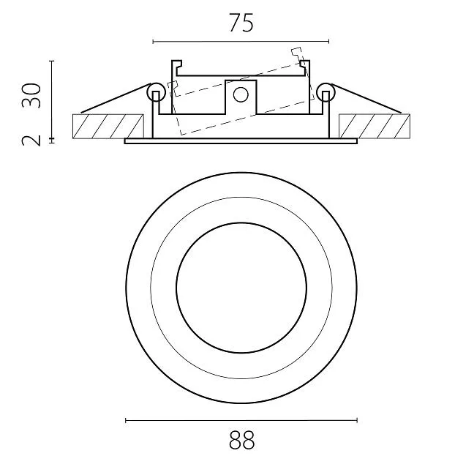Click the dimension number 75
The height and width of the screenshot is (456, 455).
[x=241, y=23]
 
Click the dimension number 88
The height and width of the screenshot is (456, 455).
[x=241, y=440]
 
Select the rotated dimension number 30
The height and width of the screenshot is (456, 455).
[x=31, y=96]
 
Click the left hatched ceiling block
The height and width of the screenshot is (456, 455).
[x=108, y=126]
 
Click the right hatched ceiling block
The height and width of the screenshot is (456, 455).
[x=375, y=126]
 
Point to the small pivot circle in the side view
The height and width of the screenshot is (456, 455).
[x=241, y=95]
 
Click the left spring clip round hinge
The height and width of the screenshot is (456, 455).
[x=156, y=92]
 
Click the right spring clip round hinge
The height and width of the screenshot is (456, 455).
[x=326, y=92]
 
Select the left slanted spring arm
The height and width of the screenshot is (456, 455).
[x=116, y=98]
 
